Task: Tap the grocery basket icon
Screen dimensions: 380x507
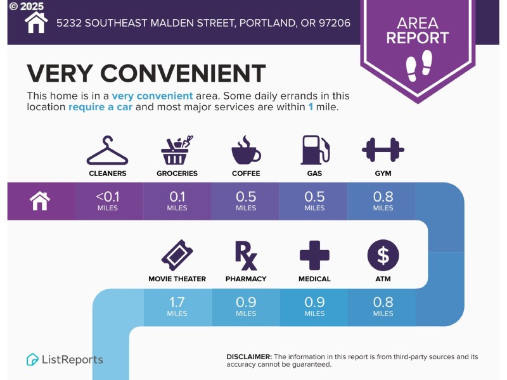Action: tap(177, 151)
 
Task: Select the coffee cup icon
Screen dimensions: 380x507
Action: tap(246, 151)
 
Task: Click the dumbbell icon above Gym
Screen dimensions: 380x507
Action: tap(383, 150)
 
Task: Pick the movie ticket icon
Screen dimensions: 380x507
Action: tap(177, 255)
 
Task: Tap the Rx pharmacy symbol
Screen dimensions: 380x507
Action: tap(246, 255)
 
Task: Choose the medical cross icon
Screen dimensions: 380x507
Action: tap(314, 255)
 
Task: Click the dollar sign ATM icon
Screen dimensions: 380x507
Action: tap(383, 255)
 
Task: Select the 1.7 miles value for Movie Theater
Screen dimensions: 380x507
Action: tap(177, 303)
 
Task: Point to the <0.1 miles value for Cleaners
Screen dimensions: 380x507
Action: tap(107, 197)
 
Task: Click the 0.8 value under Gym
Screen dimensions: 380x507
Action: tap(383, 197)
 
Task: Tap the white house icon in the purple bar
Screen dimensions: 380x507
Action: tap(40, 201)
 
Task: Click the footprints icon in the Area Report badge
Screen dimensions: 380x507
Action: tap(418, 65)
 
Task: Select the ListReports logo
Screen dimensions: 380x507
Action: tap(65, 360)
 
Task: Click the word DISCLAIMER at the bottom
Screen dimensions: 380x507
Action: tap(249, 357)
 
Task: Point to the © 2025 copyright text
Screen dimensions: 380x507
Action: tap(27, 6)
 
